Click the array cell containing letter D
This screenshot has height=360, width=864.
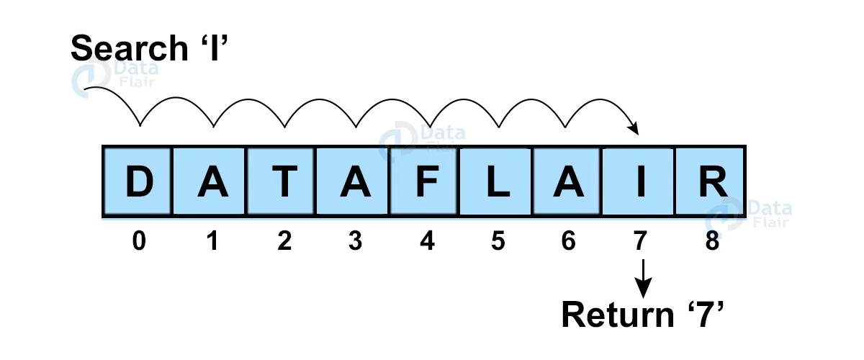tap(138, 181)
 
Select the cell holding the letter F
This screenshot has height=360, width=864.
tap(425, 181)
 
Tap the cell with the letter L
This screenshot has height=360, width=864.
tap(496, 181)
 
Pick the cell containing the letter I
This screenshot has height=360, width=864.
tap(639, 181)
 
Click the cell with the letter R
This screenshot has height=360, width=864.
tap(709, 181)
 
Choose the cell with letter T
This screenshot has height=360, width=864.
tap(282, 181)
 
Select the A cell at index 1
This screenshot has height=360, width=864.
tap(210, 181)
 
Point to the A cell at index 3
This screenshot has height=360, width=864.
tap(354, 181)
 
